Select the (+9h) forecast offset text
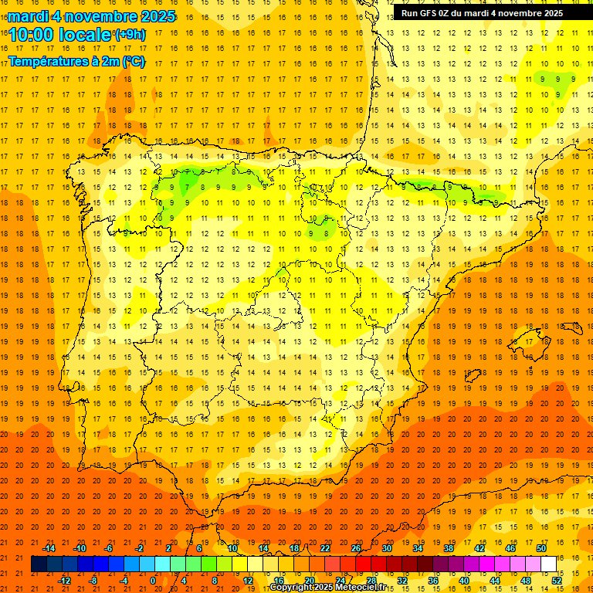click(x=129, y=35)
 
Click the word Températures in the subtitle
click(x=46, y=61)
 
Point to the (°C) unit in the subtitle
click(x=132, y=61)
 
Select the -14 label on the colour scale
click(x=49, y=548)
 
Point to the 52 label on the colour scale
click(x=556, y=581)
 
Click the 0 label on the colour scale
click(x=153, y=581)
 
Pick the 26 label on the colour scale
click(x=356, y=548)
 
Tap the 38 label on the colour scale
click(x=449, y=548)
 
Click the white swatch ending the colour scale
click(x=548, y=564)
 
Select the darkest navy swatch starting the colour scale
click(x=39, y=564)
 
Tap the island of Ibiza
click(x=470, y=376)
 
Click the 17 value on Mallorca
click(x=529, y=341)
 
